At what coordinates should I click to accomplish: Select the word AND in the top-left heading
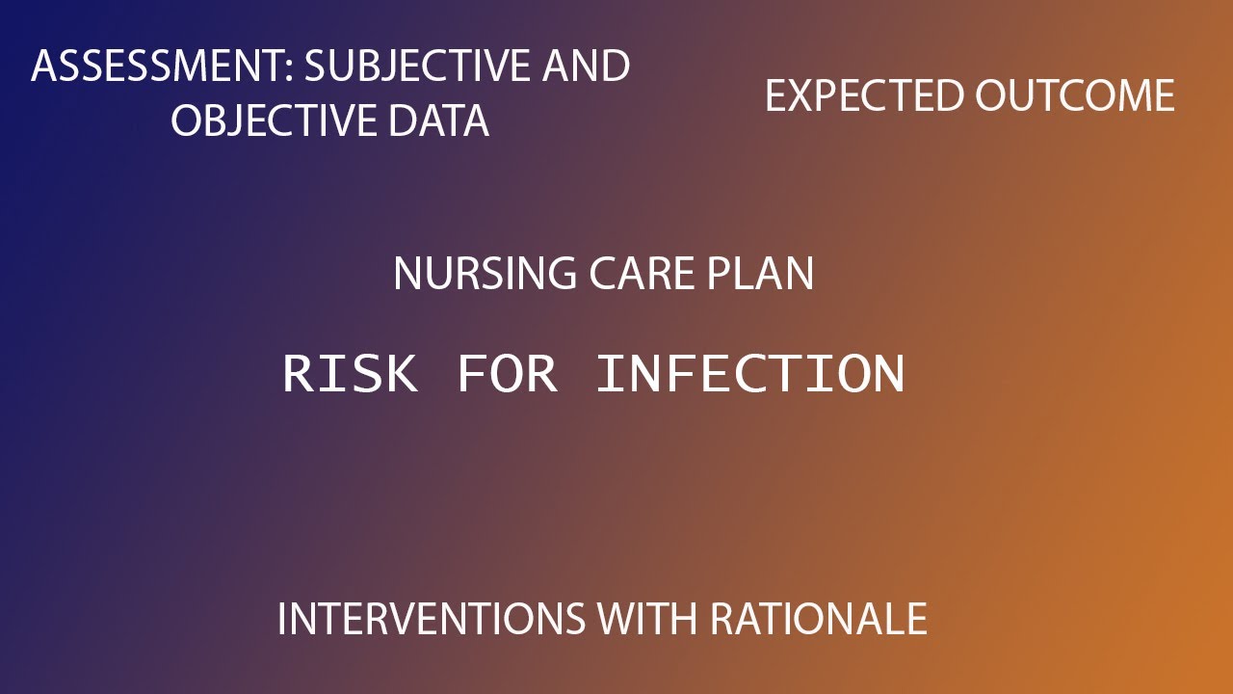[x=586, y=67]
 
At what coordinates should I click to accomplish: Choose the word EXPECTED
[x=864, y=96]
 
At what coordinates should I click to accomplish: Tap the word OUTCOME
[x=1074, y=96]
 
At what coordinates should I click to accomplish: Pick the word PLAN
[x=761, y=274]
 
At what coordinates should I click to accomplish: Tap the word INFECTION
[x=750, y=373]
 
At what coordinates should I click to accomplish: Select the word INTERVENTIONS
[x=431, y=618]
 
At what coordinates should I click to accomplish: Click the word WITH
[x=648, y=618]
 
